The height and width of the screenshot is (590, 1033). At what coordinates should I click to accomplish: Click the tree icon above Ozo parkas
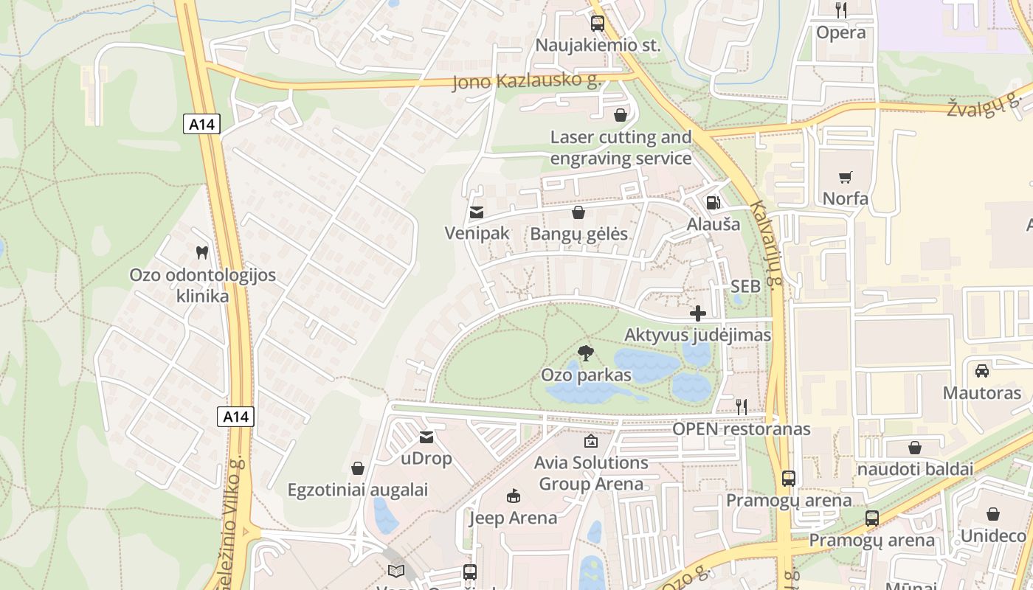point(586,353)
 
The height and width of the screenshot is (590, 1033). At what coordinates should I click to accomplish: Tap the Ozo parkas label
point(586,375)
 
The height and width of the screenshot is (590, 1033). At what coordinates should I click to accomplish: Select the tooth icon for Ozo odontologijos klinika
point(201,252)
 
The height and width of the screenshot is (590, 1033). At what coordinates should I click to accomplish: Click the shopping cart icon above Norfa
point(845,177)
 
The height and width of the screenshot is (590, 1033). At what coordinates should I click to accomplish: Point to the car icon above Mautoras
point(981,370)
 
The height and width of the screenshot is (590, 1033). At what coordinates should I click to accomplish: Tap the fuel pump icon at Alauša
point(713,202)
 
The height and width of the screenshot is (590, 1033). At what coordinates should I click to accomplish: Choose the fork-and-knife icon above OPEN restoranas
point(742,406)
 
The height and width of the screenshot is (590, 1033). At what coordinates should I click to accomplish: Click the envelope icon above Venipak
point(477,212)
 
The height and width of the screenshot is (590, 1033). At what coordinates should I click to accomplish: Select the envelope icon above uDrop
point(426,437)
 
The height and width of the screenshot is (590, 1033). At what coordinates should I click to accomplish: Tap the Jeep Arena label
point(513,518)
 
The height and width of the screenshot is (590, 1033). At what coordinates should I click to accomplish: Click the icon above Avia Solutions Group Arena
point(590,441)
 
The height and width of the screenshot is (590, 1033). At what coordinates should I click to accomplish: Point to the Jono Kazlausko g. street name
point(527,80)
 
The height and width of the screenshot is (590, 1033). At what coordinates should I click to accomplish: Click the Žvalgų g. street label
point(988,108)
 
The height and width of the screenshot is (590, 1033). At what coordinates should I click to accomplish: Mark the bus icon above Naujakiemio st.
point(597,23)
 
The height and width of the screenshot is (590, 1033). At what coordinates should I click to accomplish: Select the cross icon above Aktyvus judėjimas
point(697,313)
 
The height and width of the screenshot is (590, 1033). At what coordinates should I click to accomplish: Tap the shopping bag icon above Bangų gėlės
point(578,212)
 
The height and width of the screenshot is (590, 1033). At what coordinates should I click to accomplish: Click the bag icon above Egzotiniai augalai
point(358,468)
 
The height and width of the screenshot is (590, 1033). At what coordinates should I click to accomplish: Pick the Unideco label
point(992,535)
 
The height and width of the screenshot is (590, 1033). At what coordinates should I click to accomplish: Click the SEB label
point(745,286)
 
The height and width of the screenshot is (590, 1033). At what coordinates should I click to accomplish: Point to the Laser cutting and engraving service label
point(621,147)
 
